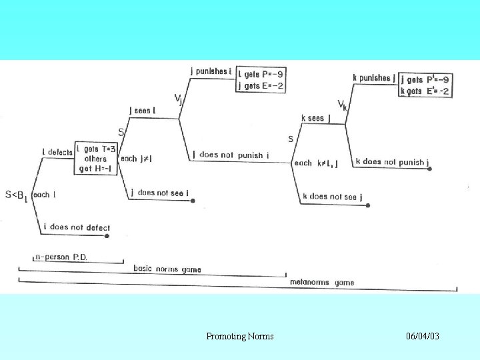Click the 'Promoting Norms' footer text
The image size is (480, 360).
[x=240, y=336]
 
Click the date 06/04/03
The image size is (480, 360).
[x=423, y=336]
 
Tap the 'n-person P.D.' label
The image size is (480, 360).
[x=61, y=257]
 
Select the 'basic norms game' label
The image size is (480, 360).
[x=167, y=269]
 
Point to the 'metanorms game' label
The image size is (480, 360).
[x=322, y=283]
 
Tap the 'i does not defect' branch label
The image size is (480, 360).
[x=77, y=227]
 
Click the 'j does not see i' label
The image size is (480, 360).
[x=159, y=193]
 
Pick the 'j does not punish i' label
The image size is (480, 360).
[x=230, y=155]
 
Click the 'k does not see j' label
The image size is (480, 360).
[x=331, y=197]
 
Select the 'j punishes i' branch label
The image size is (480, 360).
[x=211, y=71]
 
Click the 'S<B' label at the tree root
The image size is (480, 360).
[x=16, y=195]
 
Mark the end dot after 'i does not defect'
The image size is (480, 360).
[x=107, y=235]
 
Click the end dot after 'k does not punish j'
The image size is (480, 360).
[x=429, y=169]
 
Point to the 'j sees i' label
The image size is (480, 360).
[x=142, y=111]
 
